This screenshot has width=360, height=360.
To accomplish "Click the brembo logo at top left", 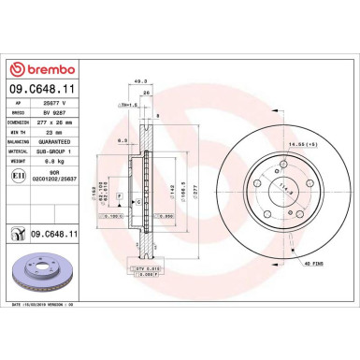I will (x=49, y=68).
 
